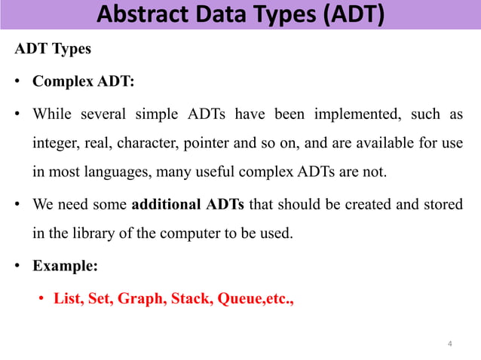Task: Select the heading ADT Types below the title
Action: (x=54, y=50)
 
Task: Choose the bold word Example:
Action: (x=65, y=265)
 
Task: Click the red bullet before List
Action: (x=42, y=298)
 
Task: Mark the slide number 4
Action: (x=449, y=344)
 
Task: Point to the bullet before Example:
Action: (x=18, y=266)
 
